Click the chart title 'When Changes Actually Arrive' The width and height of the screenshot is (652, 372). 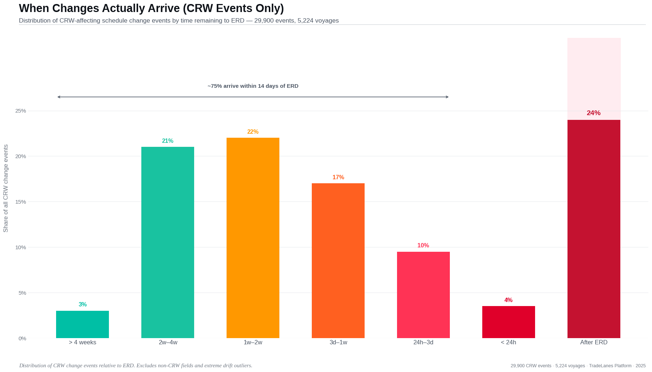[x=151, y=8]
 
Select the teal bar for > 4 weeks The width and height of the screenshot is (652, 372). [x=82, y=324]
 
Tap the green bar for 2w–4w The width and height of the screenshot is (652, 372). [x=168, y=242]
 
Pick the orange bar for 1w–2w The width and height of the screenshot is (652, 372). [x=253, y=238]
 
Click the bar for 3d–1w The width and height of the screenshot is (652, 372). [x=338, y=261]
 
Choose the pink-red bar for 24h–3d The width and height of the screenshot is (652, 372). [x=423, y=295]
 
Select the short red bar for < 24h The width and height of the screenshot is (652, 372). [x=508, y=322]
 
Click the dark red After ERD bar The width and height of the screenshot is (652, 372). [x=594, y=229]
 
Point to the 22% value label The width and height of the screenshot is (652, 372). [x=253, y=132]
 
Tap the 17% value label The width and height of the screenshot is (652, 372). [x=338, y=177]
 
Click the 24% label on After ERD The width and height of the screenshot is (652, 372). [x=593, y=113]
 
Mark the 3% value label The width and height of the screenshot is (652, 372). [x=83, y=305]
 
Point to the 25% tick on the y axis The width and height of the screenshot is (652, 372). [x=21, y=111]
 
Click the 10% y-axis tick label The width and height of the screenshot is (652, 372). [x=21, y=247]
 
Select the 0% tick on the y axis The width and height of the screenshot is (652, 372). [x=22, y=338]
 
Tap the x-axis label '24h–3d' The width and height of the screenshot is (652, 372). [x=423, y=342]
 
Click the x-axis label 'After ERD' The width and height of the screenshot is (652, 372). [x=594, y=342]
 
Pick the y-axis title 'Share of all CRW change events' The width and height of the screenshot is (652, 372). [x=6, y=188]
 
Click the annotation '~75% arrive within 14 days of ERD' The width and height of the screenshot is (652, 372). [x=253, y=86]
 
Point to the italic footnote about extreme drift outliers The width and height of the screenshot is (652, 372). [x=135, y=365]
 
